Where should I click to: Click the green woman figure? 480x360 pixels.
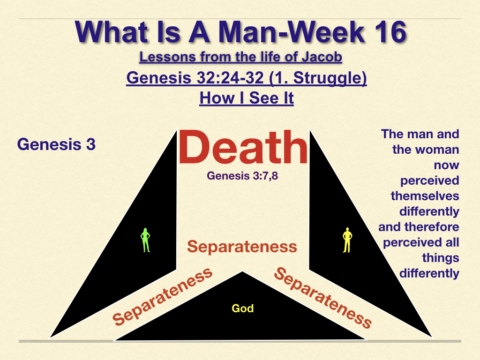coord(145,240)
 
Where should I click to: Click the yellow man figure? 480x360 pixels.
coord(347,240)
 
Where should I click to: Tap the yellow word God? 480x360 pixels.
coord(243,308)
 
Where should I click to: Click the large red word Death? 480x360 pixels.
coord(243,147)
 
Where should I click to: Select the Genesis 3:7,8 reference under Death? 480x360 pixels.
coord(242,176)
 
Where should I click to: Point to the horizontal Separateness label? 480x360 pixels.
coord(242,247)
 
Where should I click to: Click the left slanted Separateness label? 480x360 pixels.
coord(162,296)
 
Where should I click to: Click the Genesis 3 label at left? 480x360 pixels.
coord(56,144)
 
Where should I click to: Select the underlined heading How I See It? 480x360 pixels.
coord(247,98)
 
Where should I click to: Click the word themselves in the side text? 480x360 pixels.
coord(425,196)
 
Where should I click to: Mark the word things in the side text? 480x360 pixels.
coord(441,258)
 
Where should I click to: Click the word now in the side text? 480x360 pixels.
coord(447,165)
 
